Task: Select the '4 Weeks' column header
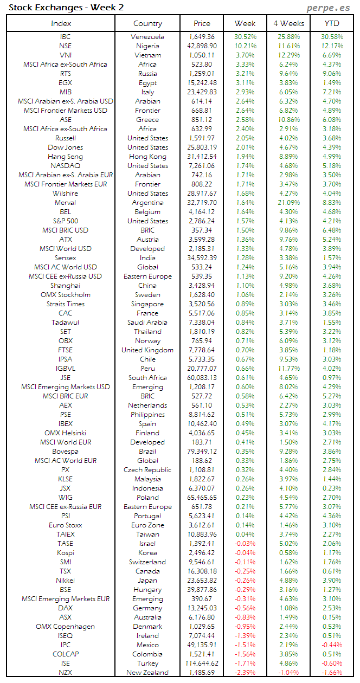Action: (x=289, y=23)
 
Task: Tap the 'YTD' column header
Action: (x=332, y=23)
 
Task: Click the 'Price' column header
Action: (x=202, y=23)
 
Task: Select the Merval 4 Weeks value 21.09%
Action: (x=288, y=203)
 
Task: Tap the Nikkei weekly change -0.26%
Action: (x=245, y=581)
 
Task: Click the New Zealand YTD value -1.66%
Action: (x=332, y=673)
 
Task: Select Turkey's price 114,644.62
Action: (x=201, y=663)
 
